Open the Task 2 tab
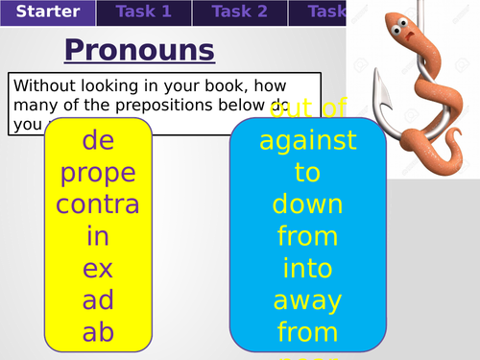[x=239, y=12]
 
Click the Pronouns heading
[x=139, y=50]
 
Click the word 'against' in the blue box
[x=307, y=141]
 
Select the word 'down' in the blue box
[x=307, y=204]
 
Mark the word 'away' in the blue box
[x=307, y=300]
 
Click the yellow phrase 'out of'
[x=307, y=109]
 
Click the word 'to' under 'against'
[x=307, y=173]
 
